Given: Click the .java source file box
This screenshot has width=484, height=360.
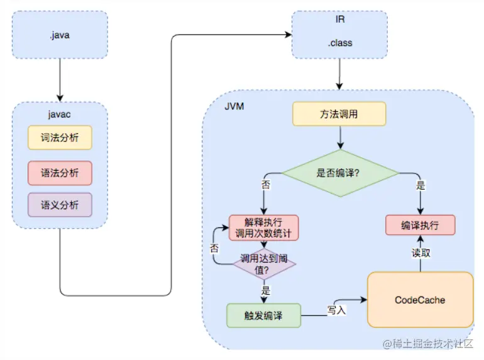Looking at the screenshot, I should (x=59, y=35).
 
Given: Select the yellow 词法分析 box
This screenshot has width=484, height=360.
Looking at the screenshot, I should (x=60, y=138).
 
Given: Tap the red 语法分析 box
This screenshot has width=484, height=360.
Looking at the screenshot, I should (x=60, y=173).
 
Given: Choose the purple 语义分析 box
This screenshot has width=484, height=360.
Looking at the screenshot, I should (x=60, y=205).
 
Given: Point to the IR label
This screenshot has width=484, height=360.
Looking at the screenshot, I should (x=340, y=19).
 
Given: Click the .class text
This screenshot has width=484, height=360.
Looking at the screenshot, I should (x=340, y=43).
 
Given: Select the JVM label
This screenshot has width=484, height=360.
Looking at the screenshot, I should (x=234, y=106).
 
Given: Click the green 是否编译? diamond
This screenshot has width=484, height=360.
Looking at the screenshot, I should (x=339, y=173).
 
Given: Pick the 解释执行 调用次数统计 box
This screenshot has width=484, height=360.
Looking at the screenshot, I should (x=263, y=227).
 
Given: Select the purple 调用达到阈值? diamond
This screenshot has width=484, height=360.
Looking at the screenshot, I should (x=263, y=264).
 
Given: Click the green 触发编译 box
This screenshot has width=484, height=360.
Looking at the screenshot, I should (x=263, y=315).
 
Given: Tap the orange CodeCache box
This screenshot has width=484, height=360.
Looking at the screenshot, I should (x=419, y=300).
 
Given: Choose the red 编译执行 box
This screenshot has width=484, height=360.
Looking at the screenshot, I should (x=419, y=226).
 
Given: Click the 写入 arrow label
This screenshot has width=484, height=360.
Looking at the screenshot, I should (x=336, y=309).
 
